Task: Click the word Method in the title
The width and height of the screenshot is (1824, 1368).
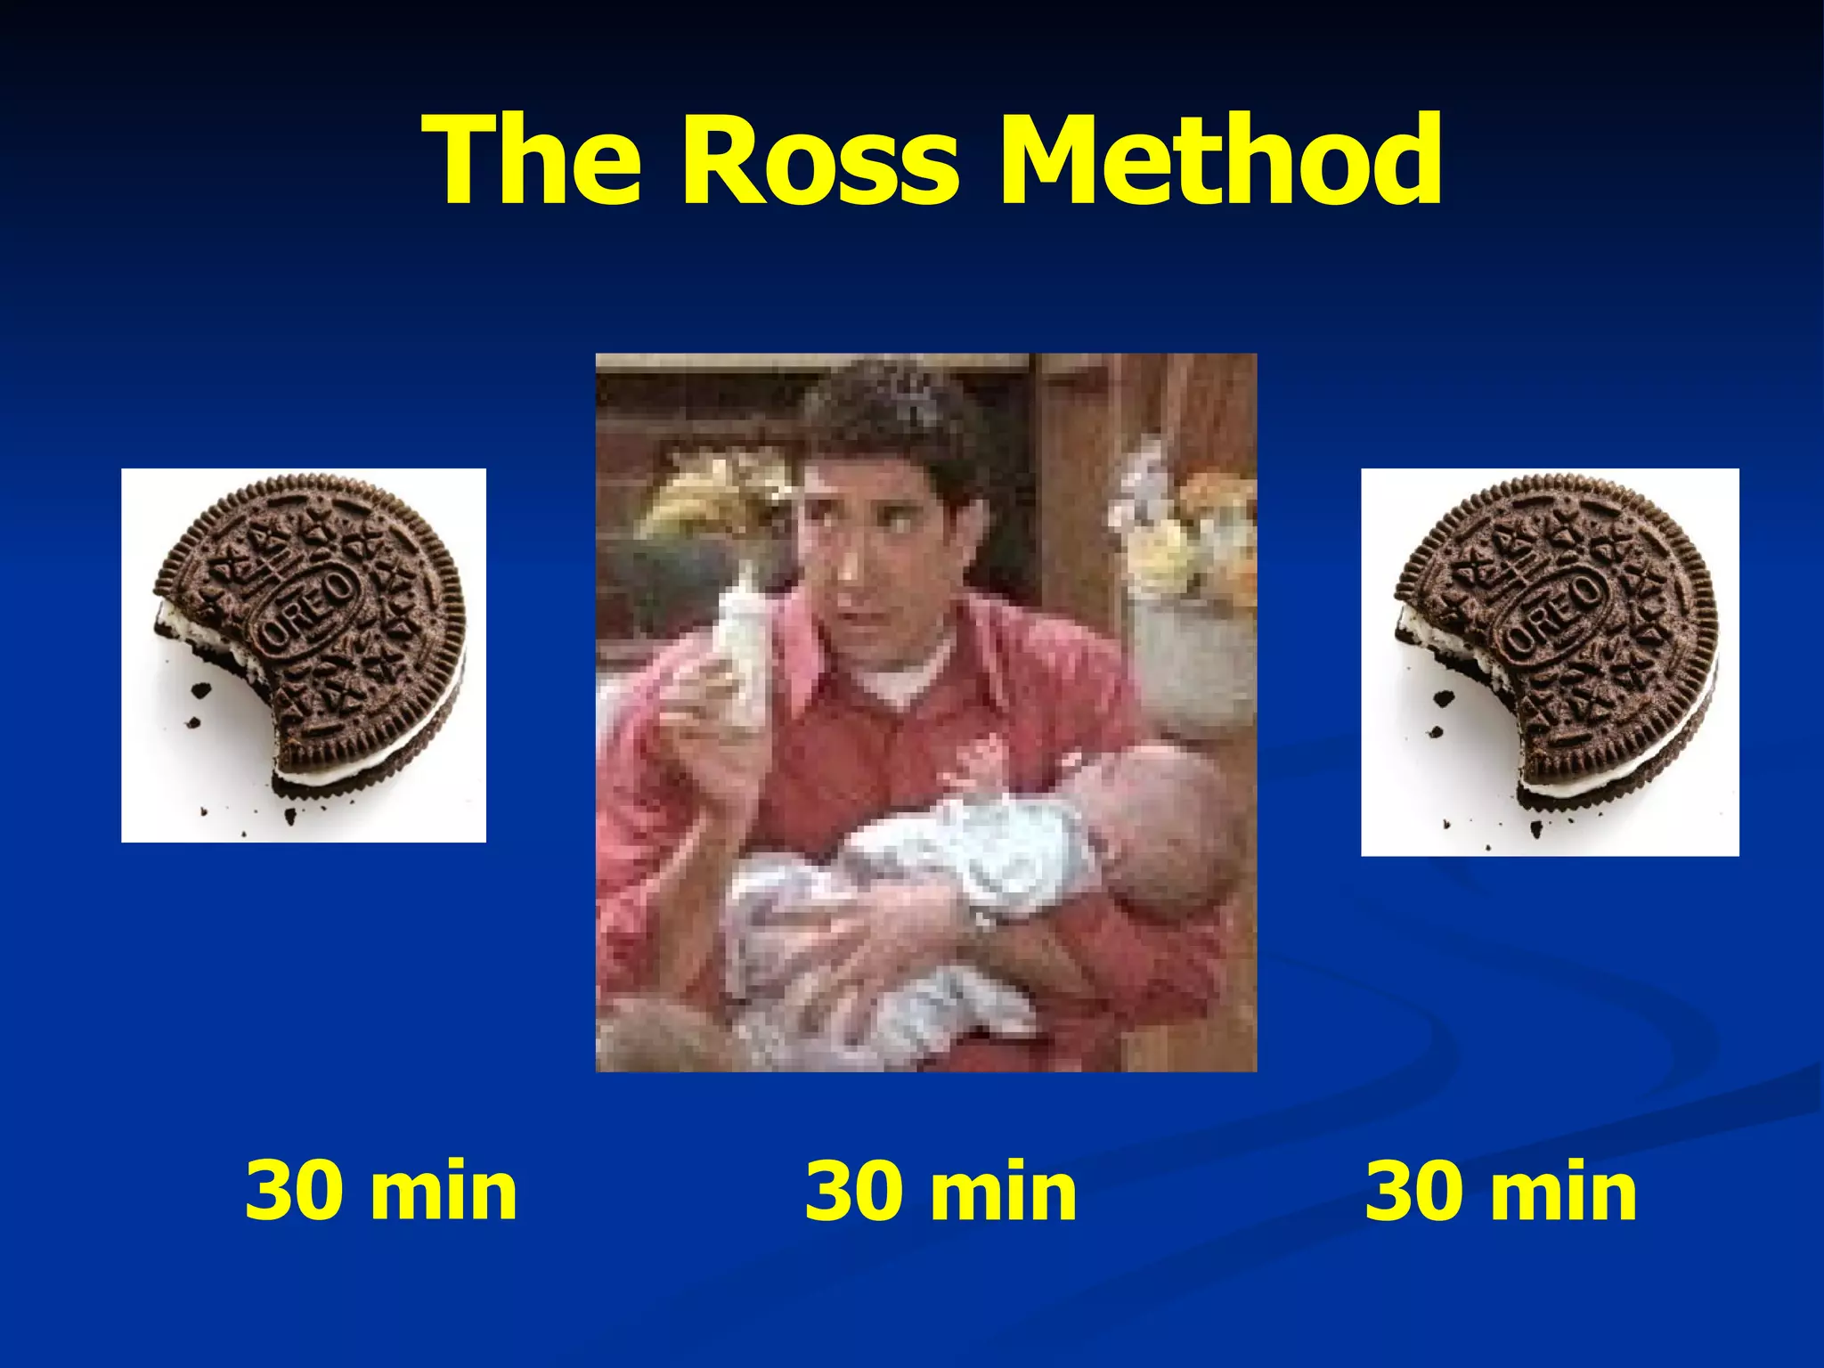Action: tap(1219, 161)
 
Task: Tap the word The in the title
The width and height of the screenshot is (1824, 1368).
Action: tap(534, 161)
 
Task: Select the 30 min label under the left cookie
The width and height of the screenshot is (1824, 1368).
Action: tap(380, 1191)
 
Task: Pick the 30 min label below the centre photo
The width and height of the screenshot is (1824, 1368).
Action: tap(940, 1191)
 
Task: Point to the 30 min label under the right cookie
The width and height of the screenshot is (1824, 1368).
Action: tap(1501, 1191)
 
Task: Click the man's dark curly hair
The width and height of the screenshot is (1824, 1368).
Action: tap(891, 419)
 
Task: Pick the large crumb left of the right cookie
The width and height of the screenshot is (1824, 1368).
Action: tap(1443, 698)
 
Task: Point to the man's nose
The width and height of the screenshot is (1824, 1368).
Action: tap(846, 570)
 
